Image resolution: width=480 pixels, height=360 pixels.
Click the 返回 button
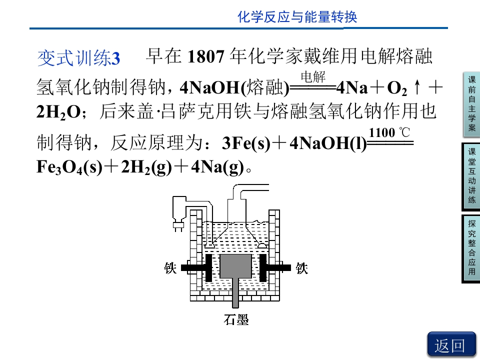pos(451,344)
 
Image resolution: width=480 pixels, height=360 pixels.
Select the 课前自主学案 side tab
pos(471,104)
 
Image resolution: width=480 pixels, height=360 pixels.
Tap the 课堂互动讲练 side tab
pos(471,176)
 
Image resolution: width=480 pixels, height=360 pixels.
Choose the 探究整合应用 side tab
pos(471,248)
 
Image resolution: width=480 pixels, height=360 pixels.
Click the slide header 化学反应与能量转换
pos(297,16)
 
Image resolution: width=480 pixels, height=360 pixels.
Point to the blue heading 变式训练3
pos(78,58)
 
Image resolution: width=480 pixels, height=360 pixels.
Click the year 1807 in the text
pos(205,56)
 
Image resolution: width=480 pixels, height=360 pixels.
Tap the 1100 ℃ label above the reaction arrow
pos(389,132)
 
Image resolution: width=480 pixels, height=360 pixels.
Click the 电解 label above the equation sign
pos(312,76)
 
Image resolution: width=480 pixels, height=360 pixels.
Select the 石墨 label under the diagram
pos(236,319)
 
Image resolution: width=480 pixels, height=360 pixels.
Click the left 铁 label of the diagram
pos(170,268)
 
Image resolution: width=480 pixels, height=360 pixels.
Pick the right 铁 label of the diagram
pos(301,268)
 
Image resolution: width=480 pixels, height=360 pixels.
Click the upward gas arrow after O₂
pos(417,87)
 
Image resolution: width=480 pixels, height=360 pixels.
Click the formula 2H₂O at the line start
pos(58,112)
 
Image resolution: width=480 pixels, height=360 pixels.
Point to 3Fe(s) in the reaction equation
pos(246,143)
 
